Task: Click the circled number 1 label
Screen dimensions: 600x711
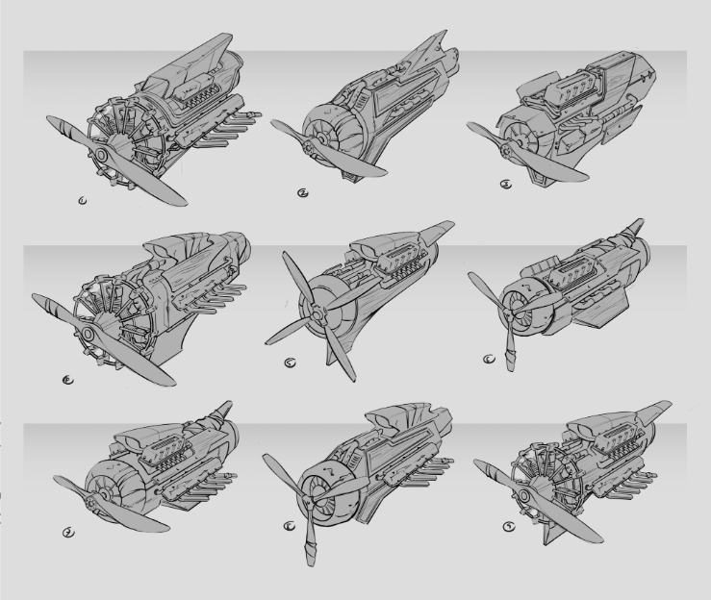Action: pyautogui.click(x=82, y=200)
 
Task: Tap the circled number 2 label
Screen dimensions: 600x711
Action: pyautogui.click(x=303, y=192)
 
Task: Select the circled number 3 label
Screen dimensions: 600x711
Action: pyautogui.click(x=506, y=186)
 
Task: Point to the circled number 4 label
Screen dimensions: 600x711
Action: pyautogui.click(x=66, y=380)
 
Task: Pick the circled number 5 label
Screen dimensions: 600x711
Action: pyautogui.click(x=291, y=363)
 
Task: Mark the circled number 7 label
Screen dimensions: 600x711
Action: pyautogui.click(x=68, y=531)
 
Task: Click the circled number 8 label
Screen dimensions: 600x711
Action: pyautogui.click(x=290, y=527)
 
